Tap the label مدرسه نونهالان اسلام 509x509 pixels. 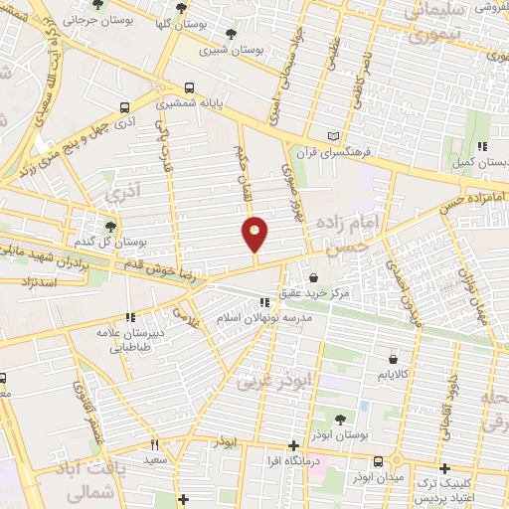tap(264, 319)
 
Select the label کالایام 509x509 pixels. tap(395, 375)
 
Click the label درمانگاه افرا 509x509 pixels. tap(292, 461)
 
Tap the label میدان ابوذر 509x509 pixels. tap(379, 477)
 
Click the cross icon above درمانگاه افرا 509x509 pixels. tap(292, 446)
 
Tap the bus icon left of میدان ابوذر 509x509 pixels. tap(379, 462)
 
